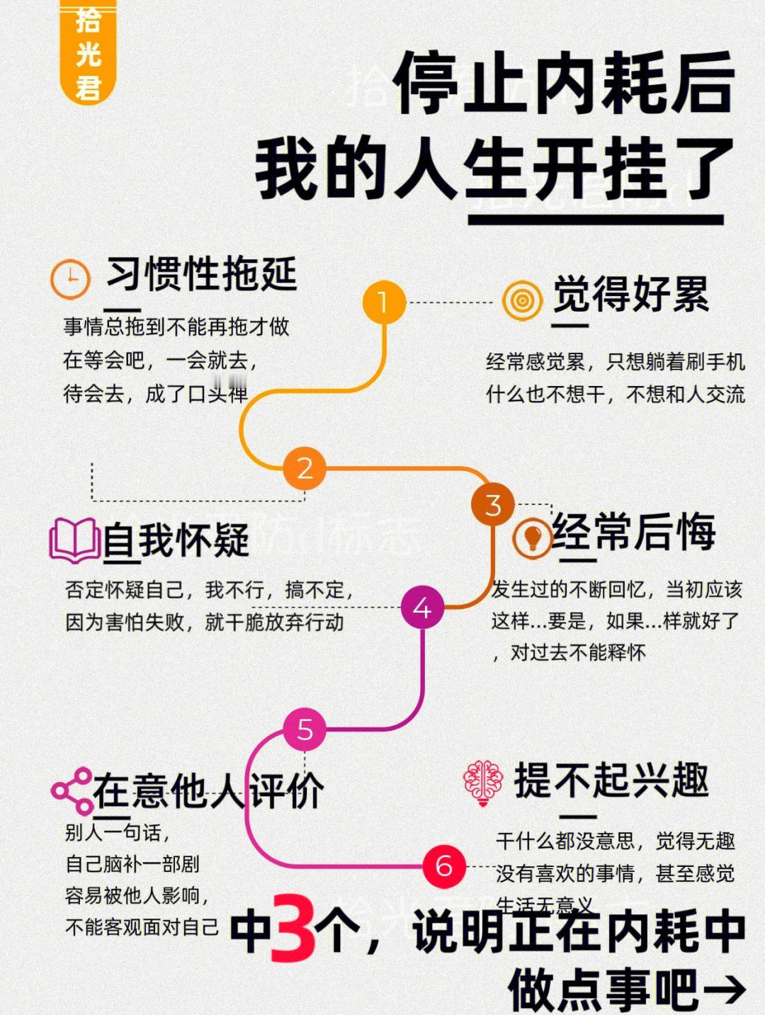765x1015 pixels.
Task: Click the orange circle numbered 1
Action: click(x=383, y=302)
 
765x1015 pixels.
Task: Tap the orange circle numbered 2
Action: click(x=305, y=468)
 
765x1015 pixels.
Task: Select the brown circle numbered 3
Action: click(x=493, y=505)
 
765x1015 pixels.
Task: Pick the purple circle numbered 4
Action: click(x=422, y=608)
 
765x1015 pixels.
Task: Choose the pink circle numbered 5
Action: click(x=305, y=730)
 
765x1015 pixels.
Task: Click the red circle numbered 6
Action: click(x=444, y=866)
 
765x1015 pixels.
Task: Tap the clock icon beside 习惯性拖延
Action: click(x=70, y=278)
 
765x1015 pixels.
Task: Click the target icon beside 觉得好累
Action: click(x=523, y=300)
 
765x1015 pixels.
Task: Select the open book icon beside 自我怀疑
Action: click(x=74, y=540)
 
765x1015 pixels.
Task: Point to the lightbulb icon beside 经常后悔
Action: click(x=532, y=536)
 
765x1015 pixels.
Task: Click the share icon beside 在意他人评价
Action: click(x=72, y=790)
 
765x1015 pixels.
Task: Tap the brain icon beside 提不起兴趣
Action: click(x=482, y=783)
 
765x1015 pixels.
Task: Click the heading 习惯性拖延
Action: click(x=201, y=274)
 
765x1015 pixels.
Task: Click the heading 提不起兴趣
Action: click(x=611, y=781)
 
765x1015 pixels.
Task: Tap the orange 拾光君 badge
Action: click(x=88, y=53)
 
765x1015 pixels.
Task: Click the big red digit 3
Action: click(x=293, y=928)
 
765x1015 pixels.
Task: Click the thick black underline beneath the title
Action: click(x=596, y=220)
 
